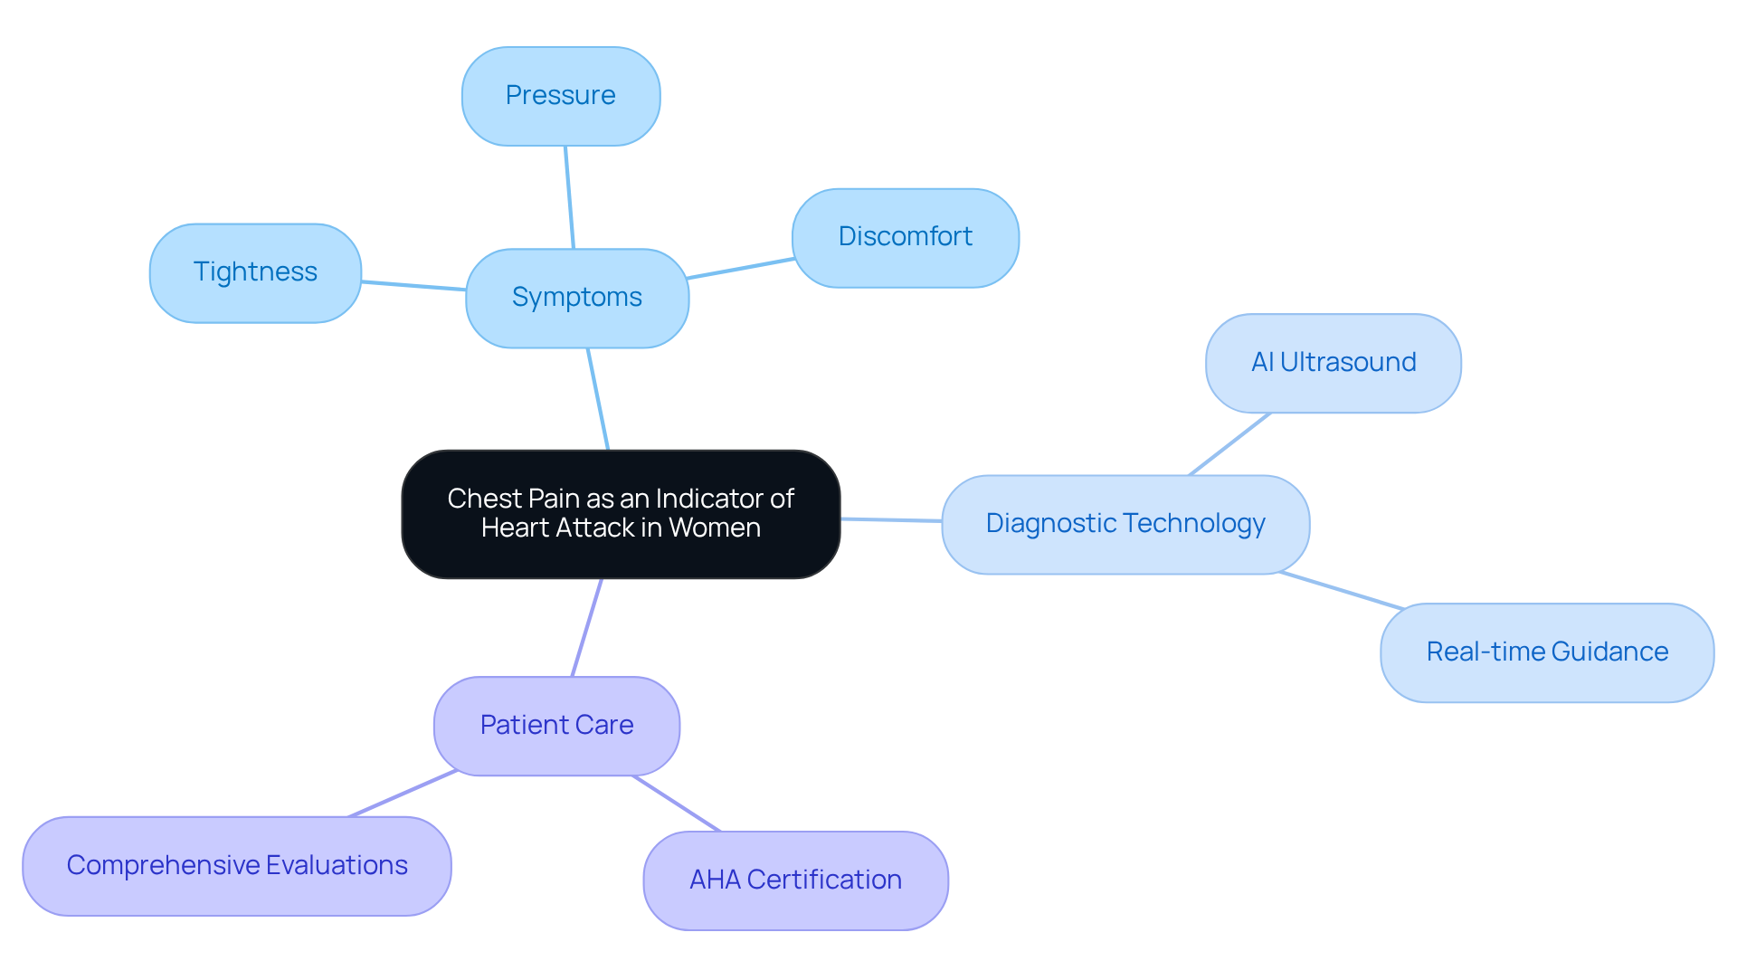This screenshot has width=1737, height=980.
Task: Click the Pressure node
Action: click(560, 96)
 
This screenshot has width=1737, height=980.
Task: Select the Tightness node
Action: click(255, 272)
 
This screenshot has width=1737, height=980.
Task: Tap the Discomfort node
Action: click(905, 237)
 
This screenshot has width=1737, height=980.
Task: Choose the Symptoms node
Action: click(576, 298)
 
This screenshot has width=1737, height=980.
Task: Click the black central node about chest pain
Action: click(621, 513)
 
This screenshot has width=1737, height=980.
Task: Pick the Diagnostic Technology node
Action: click(1125, 524)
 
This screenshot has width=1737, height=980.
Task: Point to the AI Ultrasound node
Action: click(1333, 363)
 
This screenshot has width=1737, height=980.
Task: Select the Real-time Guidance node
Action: click(1546, 652)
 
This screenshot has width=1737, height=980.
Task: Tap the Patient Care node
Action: click(556, 726)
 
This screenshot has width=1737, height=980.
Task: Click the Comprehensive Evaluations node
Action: click(236, 866)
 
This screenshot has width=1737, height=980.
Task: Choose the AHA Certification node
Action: click(795, 880)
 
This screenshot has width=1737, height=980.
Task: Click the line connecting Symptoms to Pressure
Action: click(569, 197)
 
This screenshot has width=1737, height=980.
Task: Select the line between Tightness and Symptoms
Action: click(413, 286)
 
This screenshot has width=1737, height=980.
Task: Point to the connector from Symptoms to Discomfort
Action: click(740, 269)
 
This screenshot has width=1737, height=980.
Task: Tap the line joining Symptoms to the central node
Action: click(598, 399)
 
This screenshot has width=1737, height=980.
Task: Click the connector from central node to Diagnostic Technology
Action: click(891, 520)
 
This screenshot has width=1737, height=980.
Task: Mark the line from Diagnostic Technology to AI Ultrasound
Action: click(1229, 444)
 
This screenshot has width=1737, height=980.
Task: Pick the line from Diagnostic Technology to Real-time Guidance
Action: click(1342, 591)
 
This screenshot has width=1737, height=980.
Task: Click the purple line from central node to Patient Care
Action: click(587, 627)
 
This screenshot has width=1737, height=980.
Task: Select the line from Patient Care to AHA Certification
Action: click(676, 804)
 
